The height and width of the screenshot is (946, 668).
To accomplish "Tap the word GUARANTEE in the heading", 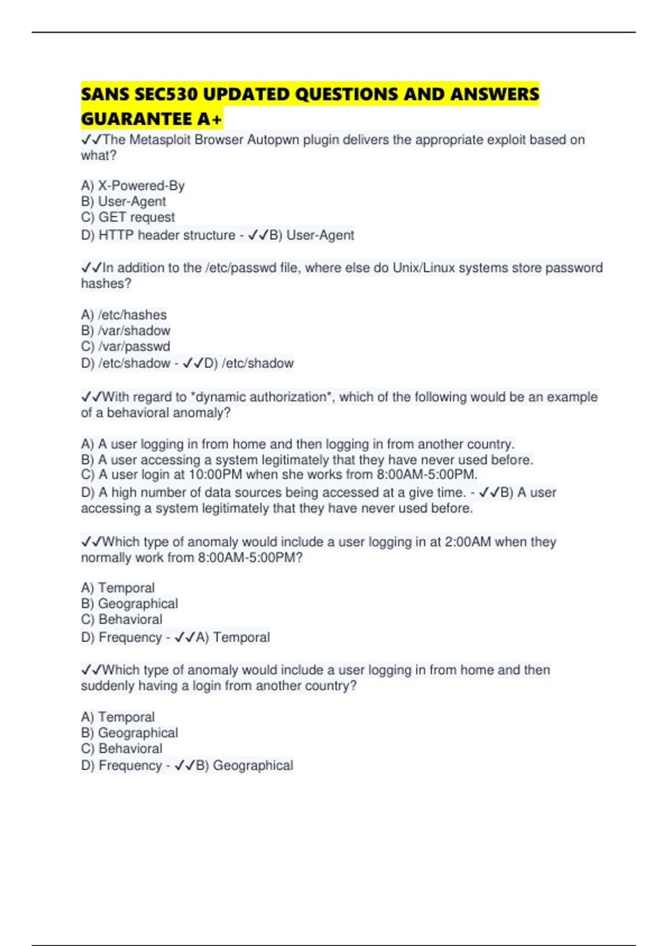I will coord(136,119).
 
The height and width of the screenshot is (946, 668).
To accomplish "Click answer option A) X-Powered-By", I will coord(132,186).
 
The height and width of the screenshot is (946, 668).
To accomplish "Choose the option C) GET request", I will coord(127,217).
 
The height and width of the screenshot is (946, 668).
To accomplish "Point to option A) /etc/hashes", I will coord(124,315).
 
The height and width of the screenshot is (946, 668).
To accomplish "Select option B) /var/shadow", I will coord(125,331).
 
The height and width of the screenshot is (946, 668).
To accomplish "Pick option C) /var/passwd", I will coord(125,346).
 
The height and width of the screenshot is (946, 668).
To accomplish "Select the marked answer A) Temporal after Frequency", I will coord(233,637).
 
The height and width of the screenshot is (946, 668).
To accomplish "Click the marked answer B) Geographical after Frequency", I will coord(244,766).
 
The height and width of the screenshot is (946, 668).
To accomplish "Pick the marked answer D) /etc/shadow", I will coord(249,363).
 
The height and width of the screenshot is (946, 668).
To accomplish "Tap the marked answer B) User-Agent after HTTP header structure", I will coord(312,235).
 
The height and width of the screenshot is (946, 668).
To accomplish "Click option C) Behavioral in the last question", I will coord(121,748).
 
